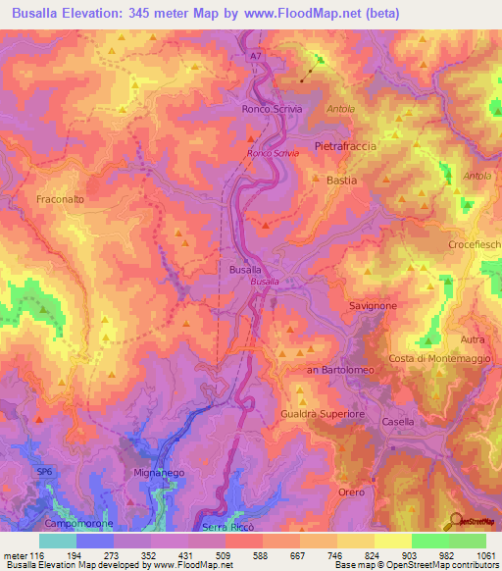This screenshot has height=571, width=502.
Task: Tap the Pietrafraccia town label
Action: point(344,146)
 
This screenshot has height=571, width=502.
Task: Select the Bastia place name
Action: point(341,182)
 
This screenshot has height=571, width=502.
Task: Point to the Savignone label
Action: point(373,306)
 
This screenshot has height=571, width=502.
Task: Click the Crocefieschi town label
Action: point(475,243)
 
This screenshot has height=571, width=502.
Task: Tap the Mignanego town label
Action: point(153,473)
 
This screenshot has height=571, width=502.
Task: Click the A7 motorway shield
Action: point(255,58)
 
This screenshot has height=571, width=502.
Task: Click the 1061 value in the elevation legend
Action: point(485,556)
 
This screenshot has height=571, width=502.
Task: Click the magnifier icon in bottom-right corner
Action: point(457,523)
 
